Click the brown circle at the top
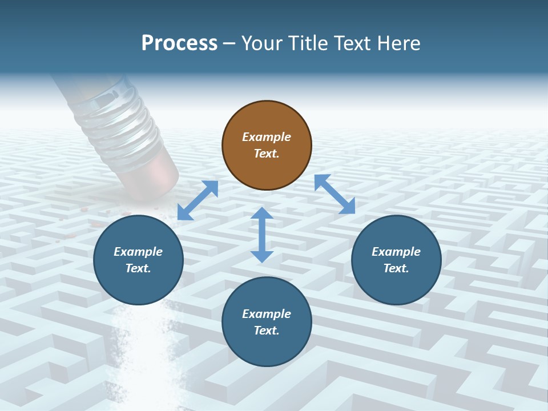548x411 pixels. coord(267,146)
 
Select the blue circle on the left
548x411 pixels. coord(138,260)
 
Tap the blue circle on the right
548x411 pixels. coord(396,260)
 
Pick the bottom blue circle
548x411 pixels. coord(267,322)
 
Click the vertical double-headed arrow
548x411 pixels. coord(262,235)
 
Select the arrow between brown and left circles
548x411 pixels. coord(198,200)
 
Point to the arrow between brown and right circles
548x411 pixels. coord(335,194)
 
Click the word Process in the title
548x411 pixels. coord(179,43)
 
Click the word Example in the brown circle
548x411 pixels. coord(267,137)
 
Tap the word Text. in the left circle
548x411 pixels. coord(138,268)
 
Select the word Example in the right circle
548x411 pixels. coord(396,252)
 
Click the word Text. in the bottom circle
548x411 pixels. coord(267,331)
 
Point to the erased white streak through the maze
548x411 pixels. coord(143,354)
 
